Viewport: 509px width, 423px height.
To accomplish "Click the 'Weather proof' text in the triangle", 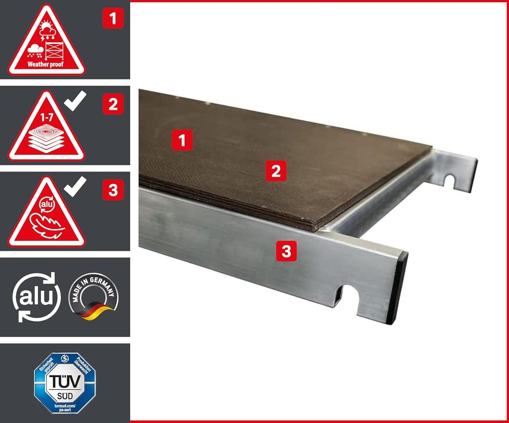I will pyautogui.click(x=45, y=64).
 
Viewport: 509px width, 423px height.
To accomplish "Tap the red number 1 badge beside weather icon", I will pyautogui.click(x=113, y=18).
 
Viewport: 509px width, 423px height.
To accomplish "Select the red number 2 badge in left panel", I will pyautogui.click(x=113, y=104).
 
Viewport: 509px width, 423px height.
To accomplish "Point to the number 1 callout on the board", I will pyautogui.click(x=182, y=140).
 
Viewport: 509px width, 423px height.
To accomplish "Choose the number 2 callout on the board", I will pyautogui.click(x=276, y=171).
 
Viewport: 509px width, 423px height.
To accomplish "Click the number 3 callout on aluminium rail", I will pyautogui.click(x=286, y=251).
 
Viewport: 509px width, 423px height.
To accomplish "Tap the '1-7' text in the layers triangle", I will pyautogui.click(x=47, y=117).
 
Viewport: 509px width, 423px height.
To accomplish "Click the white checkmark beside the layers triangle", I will pyautogui.click(x=75, y=100).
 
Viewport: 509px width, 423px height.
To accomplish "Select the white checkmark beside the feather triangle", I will pyautogui.click(x=75, y=186).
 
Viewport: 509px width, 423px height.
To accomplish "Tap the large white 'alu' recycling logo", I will pyautogui.click(x=36, y=297).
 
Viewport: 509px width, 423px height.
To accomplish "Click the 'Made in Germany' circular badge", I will pyautogui.click(x=93, y=296).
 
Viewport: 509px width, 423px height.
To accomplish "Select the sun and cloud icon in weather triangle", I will pyautogui.click(x=47, y=28).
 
